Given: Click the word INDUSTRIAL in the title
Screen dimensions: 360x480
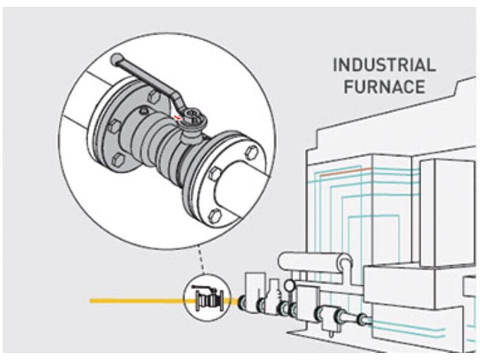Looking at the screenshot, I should [384, 65].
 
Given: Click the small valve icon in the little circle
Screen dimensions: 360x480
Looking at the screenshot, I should [206, 298].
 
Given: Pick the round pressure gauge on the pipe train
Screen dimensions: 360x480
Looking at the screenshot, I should [290, 285].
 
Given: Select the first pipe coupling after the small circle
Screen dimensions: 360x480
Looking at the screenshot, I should [245, 303].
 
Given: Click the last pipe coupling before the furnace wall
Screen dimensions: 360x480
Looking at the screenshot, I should [362, 320].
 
